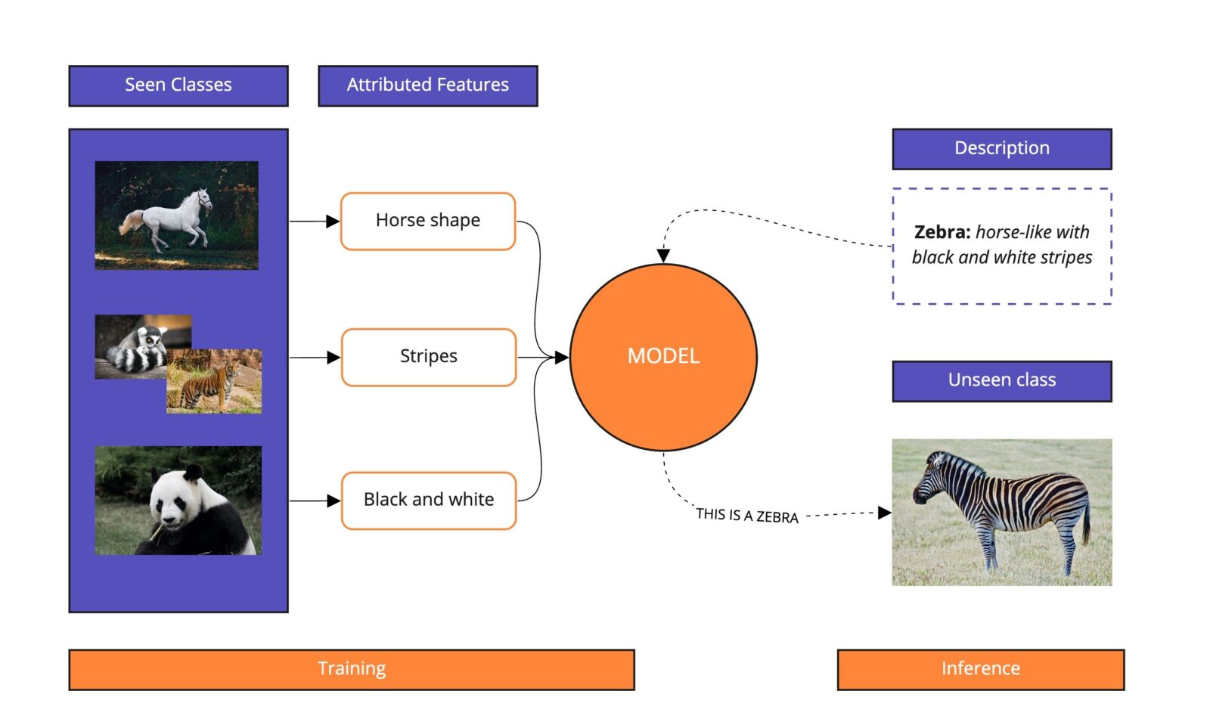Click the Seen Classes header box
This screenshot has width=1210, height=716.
tap(178, 85)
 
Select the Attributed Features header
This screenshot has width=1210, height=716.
tap(427, 85)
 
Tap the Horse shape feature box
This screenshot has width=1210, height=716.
tap(427, 221)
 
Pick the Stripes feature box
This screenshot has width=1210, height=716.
tap(428, 357)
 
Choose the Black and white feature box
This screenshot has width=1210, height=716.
tap(428, 500)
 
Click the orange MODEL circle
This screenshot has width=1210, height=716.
tap(663, 357)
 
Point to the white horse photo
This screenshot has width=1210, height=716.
tap(176, 215)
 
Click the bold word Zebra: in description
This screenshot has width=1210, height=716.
tap(942, 232)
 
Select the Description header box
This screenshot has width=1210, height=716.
tap(1001, 149)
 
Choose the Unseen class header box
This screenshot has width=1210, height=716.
tap(1001, 380)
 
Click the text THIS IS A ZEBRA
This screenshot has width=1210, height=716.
tap(746, 516)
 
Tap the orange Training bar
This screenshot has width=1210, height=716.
tap(351, 669)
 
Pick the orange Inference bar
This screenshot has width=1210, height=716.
tap(980, 669)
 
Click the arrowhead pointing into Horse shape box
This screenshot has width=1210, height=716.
tap(332, 222)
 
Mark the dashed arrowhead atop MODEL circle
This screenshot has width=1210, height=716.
tap(663, 256)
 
